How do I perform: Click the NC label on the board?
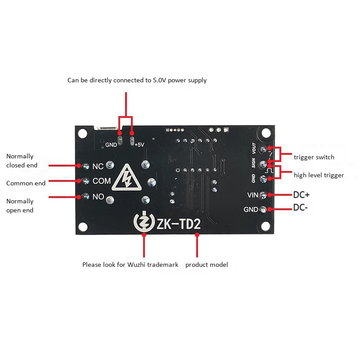coord(98,166)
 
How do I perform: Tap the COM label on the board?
coord(101,181)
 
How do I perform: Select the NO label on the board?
coord(98,197)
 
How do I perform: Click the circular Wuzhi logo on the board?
coord(144,222)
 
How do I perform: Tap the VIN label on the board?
coord(252,195)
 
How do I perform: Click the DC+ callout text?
coord(301,195)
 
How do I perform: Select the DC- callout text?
coord(300,208)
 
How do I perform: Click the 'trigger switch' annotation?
coord(314,157)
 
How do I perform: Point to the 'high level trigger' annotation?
coord(319,175)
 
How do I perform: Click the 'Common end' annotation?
coord(26,183)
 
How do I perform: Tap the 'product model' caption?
coord(207,265)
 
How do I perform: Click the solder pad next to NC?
coord(85,166)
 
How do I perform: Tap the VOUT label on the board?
coord(254,148)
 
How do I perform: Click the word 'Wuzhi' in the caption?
coord(139,265)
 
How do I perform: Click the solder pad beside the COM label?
coord(85,181)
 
